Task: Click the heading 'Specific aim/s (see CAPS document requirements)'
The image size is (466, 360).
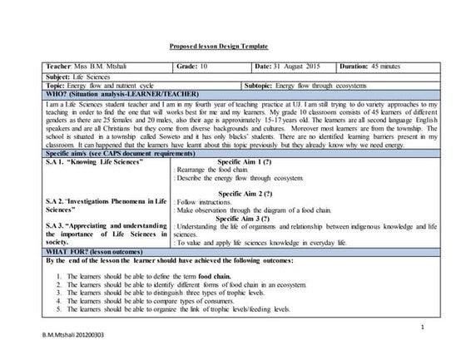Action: [121, 155]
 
